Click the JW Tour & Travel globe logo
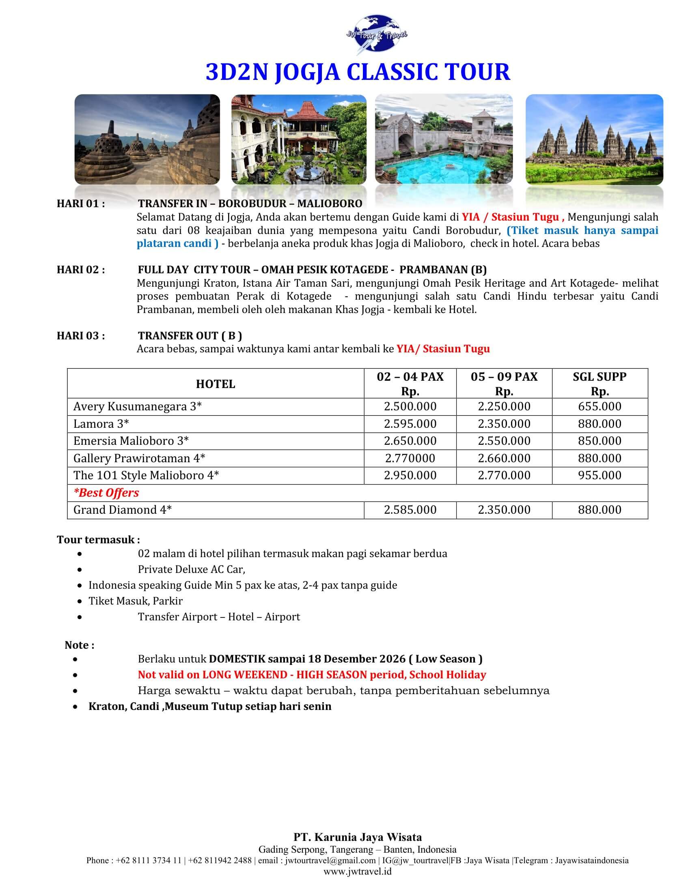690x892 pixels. pos(377,35)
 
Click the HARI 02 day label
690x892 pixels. pos(81,270)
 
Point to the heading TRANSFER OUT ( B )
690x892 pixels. pos(190,336)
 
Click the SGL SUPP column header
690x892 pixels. pos(599,377)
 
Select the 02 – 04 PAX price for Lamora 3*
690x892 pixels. pos(410,424)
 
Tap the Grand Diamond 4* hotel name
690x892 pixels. pos(122,510)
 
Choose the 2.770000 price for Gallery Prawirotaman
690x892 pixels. pos(410,458)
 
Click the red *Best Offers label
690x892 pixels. pos(106,493)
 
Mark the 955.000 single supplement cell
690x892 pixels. pos(599,476)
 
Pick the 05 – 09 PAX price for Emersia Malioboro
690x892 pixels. pos(504,441)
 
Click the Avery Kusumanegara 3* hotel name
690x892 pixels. pos(137,406)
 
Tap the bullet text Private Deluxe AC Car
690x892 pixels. pos(191,569)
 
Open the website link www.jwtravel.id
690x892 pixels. pos(357,871)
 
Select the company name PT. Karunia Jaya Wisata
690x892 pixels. pos(357,837)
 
